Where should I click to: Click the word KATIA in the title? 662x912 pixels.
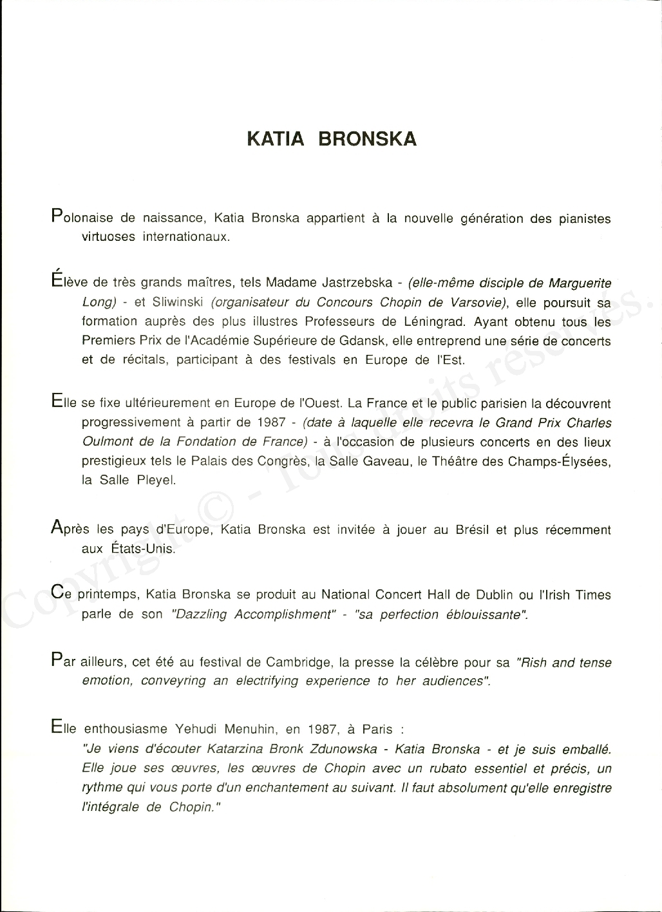click(x=276, y=139)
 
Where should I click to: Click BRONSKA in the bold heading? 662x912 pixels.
click(x=368, y=139)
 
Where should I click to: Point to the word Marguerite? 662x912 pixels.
click(x=579, y=283)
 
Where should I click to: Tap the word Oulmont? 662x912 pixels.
click(x=108, y=442)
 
